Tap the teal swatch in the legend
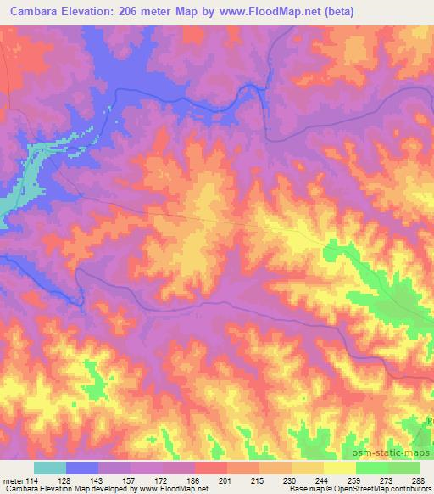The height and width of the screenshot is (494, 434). point(50,468)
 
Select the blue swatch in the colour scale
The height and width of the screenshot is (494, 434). point(82,468)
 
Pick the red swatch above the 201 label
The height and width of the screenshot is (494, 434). point(211,468)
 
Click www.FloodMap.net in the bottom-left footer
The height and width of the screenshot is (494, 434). point(174,489)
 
